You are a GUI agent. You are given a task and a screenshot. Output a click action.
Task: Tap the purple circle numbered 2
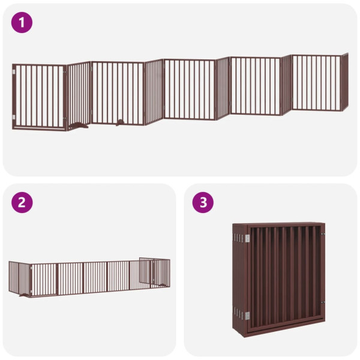coord(22,202)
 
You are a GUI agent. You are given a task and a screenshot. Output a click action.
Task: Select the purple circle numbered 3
coord(203,202)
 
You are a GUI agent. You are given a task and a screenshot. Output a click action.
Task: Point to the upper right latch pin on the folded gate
coord(323,235)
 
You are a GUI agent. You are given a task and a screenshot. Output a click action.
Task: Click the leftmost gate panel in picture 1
coord(39,96)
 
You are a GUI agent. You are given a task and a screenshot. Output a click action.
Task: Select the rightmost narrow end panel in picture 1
coord(344,82)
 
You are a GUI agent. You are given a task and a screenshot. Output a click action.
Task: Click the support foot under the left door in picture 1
coord(78,126)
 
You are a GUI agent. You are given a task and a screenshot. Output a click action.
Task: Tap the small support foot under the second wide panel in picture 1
coord(120,123)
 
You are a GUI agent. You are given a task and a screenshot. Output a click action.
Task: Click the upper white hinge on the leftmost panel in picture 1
coord(14,74)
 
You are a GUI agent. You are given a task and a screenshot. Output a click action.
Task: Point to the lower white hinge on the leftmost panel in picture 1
coord(14,116)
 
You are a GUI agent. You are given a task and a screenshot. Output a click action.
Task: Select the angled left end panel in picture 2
coord(19,277)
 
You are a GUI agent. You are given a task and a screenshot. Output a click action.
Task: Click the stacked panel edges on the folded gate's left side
coord(239,276)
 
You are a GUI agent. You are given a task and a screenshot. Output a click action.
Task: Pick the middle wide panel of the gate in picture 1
coord(190,88)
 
